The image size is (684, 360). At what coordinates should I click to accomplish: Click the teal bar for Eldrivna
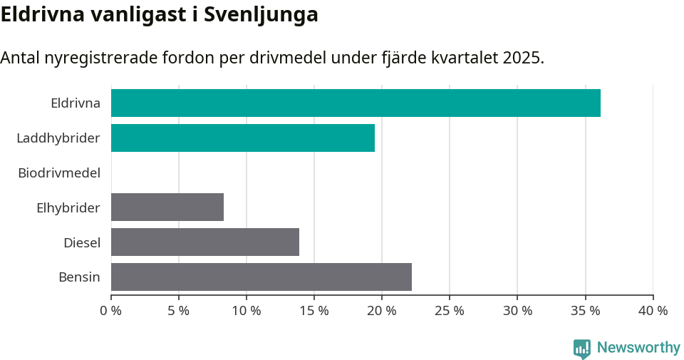coord(356,103)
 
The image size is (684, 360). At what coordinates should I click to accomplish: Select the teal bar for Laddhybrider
coord(243,138)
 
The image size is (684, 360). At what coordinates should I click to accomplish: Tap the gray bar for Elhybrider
coord(167,207)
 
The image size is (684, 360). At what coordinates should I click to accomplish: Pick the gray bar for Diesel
coord(205,242)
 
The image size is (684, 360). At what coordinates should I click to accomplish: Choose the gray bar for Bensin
coord(261,277)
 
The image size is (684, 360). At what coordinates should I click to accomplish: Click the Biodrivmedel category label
coord(59,173)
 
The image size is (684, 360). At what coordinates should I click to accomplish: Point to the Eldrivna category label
coord(76,103)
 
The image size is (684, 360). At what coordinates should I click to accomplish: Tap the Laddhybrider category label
coord(58,138)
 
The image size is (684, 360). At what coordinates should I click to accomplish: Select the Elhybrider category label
coord(68,207)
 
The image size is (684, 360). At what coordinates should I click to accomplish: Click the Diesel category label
coord(82,242)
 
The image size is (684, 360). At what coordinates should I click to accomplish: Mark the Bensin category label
coord(79,277)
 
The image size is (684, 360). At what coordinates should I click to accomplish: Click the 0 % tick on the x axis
coord(111,311)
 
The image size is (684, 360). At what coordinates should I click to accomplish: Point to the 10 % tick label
coord(247,311)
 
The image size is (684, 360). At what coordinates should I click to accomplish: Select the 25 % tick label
coord(450,311)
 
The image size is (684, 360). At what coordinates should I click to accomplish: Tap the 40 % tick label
coord(653,311)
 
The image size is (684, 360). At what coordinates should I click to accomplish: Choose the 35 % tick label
coord(585,311)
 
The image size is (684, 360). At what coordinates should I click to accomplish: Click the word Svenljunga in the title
coord(261,16)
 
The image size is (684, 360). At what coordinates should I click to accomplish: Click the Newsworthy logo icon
coord(582,349)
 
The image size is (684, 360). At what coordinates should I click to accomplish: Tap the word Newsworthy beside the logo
coord(638,348)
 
